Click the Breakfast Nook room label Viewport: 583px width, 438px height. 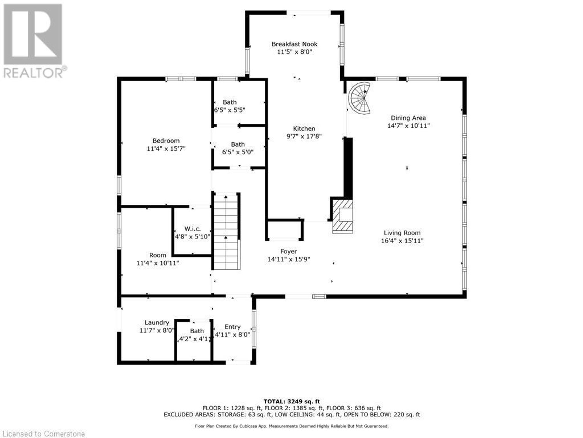[x=294, y=44]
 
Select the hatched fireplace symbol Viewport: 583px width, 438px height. [x=343, y=216]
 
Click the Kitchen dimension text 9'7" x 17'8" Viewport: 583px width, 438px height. [x=304, y=137]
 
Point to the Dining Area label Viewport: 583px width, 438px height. [x=408, y=118]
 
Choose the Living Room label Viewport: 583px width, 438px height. [x=402, y=233]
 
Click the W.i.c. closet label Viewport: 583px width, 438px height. [x=193, y=229]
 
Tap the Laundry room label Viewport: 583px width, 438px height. [x=157, y=322]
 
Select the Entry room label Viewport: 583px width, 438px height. [x=233, y=327]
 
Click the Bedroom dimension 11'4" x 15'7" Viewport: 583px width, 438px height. [x=166, y=149]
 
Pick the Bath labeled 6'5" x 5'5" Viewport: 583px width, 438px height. [x=230, y=103]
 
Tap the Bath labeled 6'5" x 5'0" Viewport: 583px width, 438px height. [x=238, y=144]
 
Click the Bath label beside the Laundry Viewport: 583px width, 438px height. [x=197, y=331]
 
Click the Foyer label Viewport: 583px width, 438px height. [x=288, y=252]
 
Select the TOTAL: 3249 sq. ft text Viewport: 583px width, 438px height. [x=291, y=401]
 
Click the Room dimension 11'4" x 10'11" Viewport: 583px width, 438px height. [x=158, y=263]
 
